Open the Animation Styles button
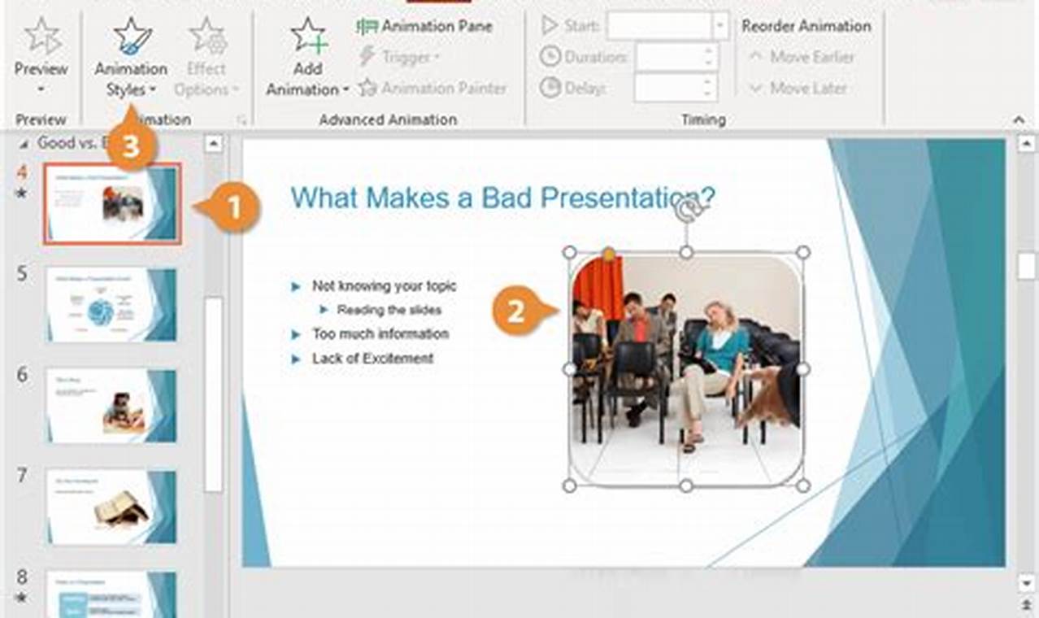pos(131,57)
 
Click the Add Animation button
pos(307,57)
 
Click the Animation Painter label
pos(443,88)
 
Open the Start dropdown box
pos(719,25)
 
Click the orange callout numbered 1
pos(233,209)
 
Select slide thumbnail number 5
pos(111,304)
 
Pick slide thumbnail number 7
pos(111,506)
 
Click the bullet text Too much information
pos(380,334)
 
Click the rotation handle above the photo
pos(686,211)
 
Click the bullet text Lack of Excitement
pos(372,359)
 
